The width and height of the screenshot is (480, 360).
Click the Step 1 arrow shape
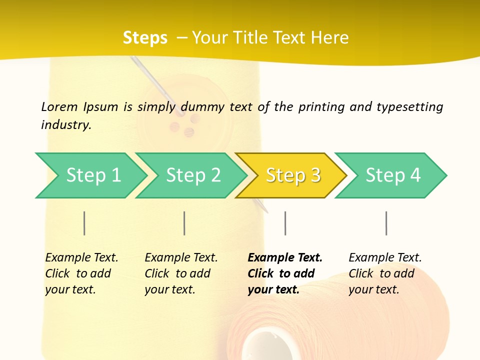[x=92, y=175]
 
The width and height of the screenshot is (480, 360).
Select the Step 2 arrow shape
[x=192, y=175]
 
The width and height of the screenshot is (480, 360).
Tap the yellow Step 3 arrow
[x=292, y=175]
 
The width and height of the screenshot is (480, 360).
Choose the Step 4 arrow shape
[x=392, y=175]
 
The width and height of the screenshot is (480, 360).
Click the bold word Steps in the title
[x=145, y=38]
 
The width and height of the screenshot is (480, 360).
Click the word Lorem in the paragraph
[x=59, y=106]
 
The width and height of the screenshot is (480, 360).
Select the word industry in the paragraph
[x=66, y=124]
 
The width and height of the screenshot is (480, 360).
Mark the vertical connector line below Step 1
[x=84, y=223]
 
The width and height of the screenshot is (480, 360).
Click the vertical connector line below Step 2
[x=184, y=223]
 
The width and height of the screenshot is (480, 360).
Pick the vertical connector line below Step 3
[x=285, y=223]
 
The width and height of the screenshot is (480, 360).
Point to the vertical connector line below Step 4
[x=386, y=223]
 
